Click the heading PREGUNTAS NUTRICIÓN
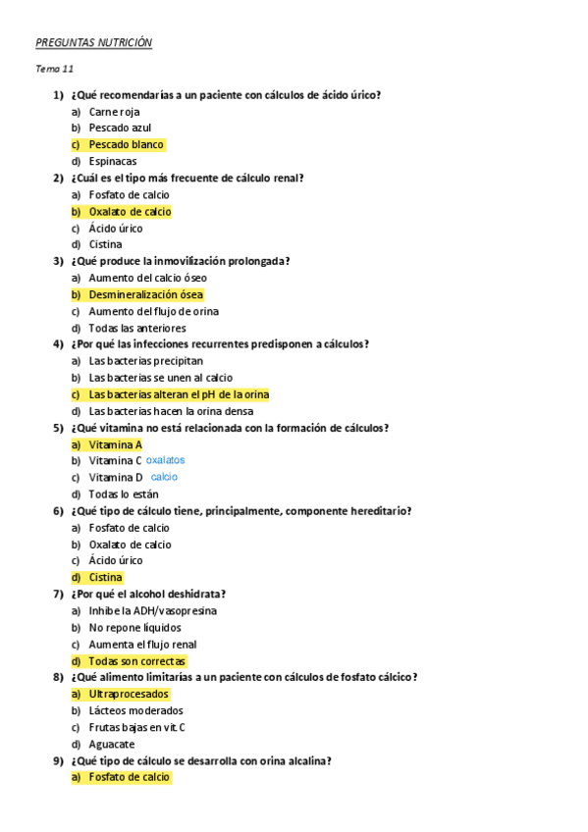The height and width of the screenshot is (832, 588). click(x=93, y=43)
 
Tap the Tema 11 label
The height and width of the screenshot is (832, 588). click(x=54, y=69)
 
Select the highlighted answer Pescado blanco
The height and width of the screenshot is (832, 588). click(x=126, y=144)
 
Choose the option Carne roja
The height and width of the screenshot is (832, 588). click(x=114, y=111)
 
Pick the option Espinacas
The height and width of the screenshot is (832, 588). click(x=112, y=161)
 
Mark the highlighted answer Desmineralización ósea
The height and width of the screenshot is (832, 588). click(x=146, y=294)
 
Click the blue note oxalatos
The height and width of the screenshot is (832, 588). click(x=165, y=460)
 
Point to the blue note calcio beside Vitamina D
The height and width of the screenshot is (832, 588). click(x=164, y=477)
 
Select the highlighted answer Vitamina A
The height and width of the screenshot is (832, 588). click(x=115, y=444)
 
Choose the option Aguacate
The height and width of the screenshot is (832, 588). click(x=111, y=744)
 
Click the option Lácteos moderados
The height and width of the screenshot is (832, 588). click(x=135, y=710)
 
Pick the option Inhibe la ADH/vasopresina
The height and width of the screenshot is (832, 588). click(x=151, y=610)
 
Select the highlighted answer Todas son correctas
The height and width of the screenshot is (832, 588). click(x=136, y=661)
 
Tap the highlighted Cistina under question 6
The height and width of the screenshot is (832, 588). click(x=105, y=577)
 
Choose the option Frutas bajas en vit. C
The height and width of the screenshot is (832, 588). click(x=136, y=727)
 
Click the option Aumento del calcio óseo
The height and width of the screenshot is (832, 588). click(x=147, y=278)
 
